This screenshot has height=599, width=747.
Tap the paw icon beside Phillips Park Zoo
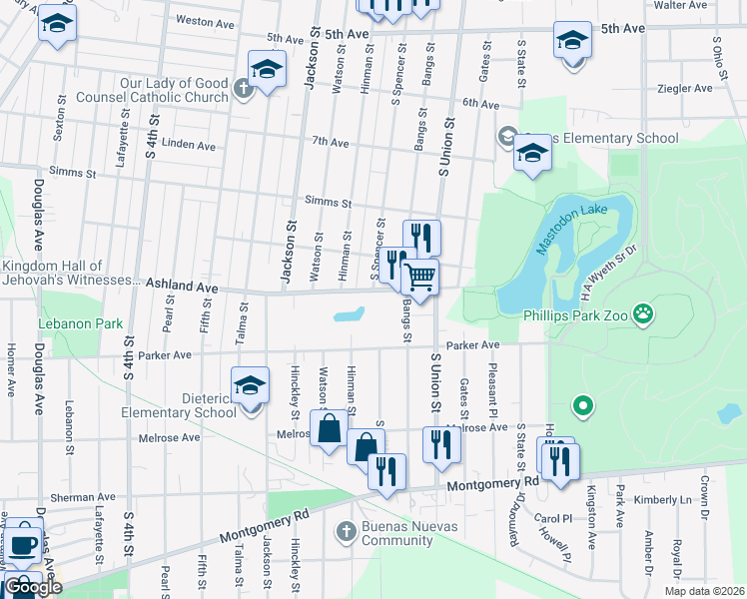[x=644, y=314]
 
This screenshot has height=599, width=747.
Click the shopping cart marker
[x=420, y=277]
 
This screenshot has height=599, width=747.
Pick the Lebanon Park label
[x=80, y=323]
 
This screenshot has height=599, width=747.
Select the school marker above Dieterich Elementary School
[x=250, y=384]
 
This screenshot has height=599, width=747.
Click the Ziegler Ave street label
[x=685, y=88]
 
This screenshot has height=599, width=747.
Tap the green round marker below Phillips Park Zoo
[x=583, y=406]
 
